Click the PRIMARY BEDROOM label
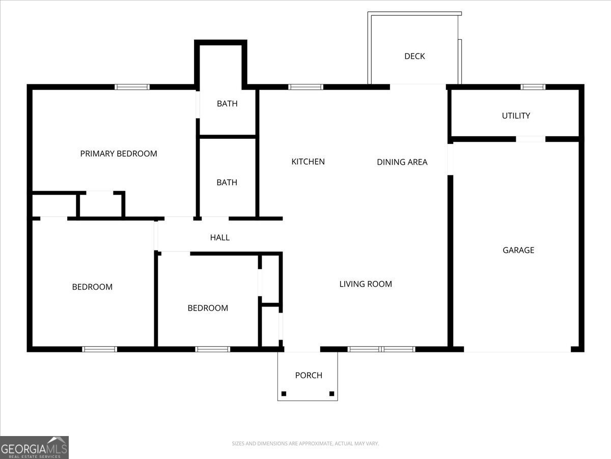(119, 154)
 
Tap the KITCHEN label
(308, 162)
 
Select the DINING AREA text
(402, 162)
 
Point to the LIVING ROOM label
(366, 284)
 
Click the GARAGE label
(518, 250)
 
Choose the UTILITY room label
(516, 116)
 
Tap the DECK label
(414, 56)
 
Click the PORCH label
(309, 375)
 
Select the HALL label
(220, 237)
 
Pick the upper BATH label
(227, 104)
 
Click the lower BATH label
(227, 182)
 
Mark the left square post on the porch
(284, 394)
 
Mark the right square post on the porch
(331, 394)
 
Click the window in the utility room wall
(533, 87)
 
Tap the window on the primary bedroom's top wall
(132, 87)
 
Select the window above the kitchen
(305, 87)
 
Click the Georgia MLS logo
(34, 447)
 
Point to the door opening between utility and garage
(531, 139)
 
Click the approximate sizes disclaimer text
(305, 444)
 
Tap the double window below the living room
(381, 349)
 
